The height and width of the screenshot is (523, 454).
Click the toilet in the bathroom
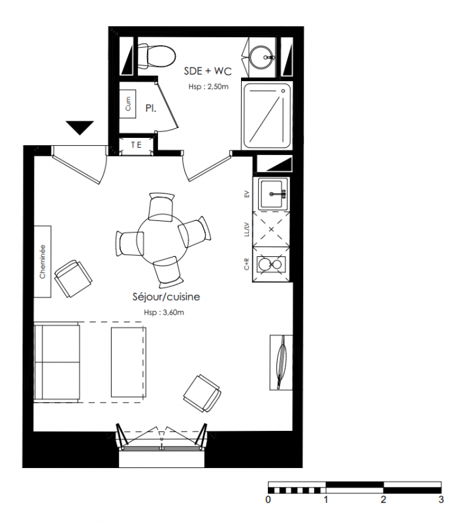[x=156, y=56]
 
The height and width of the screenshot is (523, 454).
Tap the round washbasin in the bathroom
[x=261, y=57]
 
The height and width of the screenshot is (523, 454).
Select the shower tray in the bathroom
[x=267, y=116]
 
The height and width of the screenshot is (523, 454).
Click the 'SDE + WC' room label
[x=208, y=71]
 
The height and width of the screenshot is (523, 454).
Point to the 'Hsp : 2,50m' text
[x=208, y=87]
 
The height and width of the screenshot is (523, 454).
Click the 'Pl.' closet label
[x=151, y=108]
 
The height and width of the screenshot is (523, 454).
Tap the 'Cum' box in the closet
[x=127, y=104]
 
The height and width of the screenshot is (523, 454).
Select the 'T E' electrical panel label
[x=136, y=144]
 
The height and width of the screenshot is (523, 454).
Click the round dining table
[x=163, y=239]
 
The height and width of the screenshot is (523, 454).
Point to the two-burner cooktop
[x=271, y=265]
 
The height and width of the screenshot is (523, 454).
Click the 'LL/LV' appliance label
[x=247, y=229]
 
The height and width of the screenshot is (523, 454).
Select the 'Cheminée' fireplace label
[x=42, y=261]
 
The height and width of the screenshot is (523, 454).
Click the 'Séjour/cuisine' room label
[x=166, y=297]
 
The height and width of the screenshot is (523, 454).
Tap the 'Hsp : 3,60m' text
[x=164, y=312]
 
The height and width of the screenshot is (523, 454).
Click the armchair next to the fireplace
[x=73, y=278]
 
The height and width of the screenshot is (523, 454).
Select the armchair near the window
[x=202, y=393]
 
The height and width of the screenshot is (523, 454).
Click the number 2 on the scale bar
[x=383, y=499]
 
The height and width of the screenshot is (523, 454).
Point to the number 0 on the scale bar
[x=268, y=499]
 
